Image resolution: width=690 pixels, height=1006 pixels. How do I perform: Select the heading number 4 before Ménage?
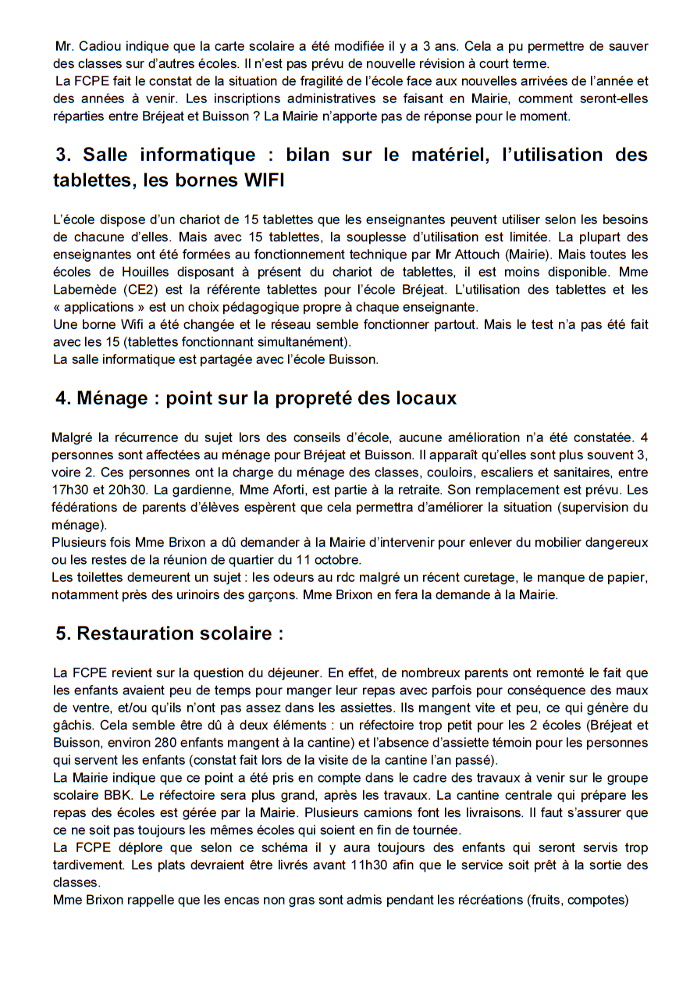[x=62, y=398]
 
